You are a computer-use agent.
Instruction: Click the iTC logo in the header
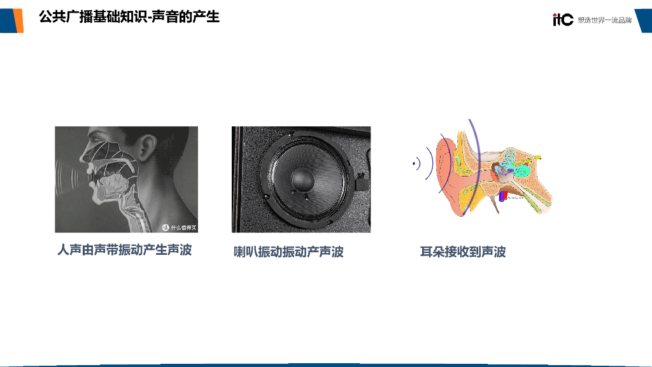point(563,20)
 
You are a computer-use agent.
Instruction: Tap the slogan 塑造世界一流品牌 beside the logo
point(605,20)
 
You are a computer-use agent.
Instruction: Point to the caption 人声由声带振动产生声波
point(125,250)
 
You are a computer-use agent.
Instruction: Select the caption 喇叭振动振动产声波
point(289,252)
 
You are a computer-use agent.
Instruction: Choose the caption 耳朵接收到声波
point(463,252)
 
